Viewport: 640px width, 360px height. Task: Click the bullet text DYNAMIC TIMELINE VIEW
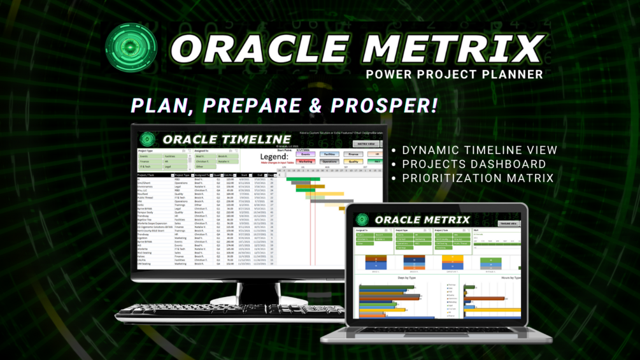click(480, 150)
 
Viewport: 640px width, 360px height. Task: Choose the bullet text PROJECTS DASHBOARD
click(474, 164)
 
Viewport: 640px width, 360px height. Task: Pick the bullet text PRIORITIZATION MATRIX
click(478, 178)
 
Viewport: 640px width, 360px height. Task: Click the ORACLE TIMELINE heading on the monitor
click(226, 139)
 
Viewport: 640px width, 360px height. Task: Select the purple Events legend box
click(306, 154)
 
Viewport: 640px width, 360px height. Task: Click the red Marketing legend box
click(306, 162)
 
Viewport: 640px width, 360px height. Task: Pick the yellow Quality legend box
click(353, 162)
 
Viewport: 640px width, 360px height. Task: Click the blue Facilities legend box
click(329, 154)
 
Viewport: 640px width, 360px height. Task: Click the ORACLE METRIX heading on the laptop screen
click(414, 220)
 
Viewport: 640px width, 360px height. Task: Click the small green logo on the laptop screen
click(362, 220)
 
